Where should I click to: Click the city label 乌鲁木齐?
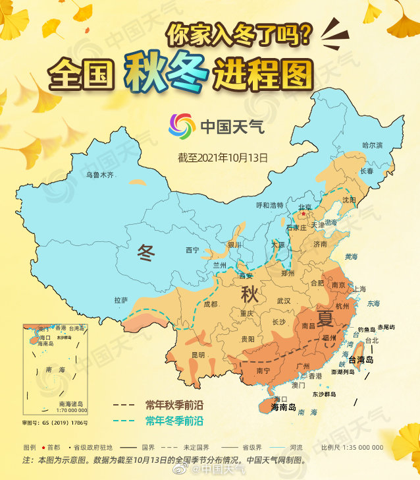(100, 175)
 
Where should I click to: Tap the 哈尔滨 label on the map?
(372, 144)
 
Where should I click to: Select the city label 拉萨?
(121, 300)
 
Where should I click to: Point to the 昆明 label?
(197, 355)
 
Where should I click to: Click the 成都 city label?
(210, 304)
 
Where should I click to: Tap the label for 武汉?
(284, 301)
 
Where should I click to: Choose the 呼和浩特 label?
(270, 205)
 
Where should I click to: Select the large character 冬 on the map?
(146, 251)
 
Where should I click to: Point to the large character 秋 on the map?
(250, 293)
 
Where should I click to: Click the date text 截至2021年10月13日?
(223, 158)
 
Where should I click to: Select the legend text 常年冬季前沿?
(174, 420)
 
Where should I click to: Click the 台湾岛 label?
(360, 360)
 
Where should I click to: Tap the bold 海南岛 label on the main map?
(284, 407)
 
